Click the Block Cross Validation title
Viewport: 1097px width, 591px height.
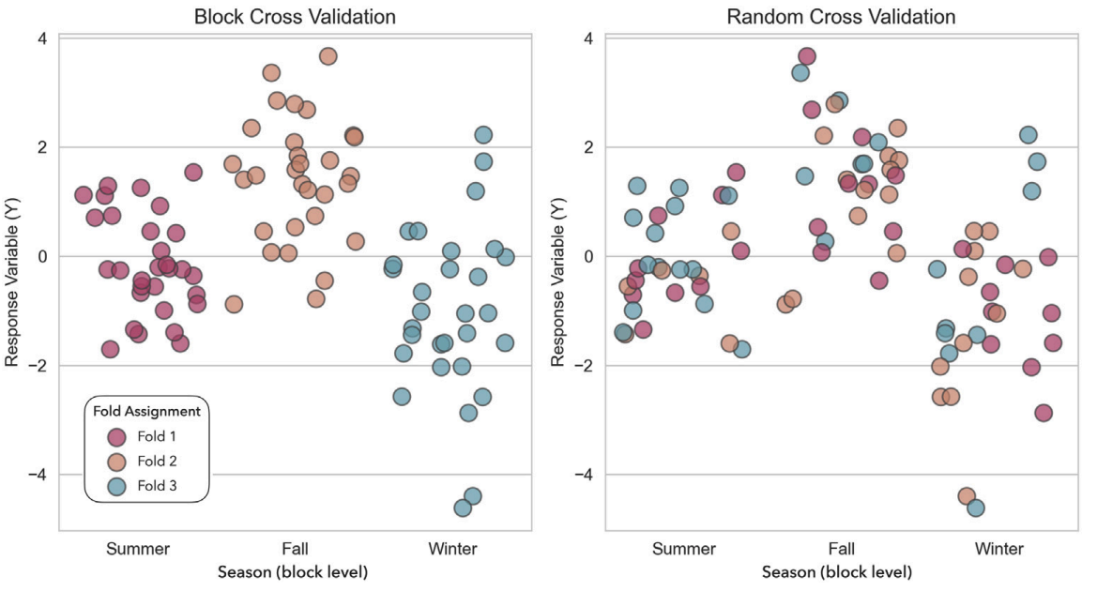pyautogui.click(x=295, y=17)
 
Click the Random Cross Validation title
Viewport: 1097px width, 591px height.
pyautogui.click(x=841, y=17)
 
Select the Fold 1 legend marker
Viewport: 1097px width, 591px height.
pyautogui.click(x=116, y=436)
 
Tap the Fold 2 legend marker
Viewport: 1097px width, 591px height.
pyautogui.click(x=116, y=462)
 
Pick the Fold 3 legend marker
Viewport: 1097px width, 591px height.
pyautogui.click(x=116, y=486)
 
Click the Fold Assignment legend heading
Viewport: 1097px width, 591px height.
pyautogui.click(x=146, y=411)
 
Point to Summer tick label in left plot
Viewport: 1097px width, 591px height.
pyautogui.click(x=138, y=549)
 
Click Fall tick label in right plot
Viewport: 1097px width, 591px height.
pyautogui.click(x=842, y=549)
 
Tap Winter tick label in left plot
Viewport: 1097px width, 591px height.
pyautogui.click(x=452, y=549)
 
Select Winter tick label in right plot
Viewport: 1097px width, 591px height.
pyautogui.click(x=998, y=549)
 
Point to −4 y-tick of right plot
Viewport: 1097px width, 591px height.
pyautogui.click(x=582, y=475)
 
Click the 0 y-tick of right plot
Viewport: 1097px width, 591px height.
pyautogui.click(x=587, y=256)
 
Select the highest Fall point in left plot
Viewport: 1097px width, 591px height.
pyautogui.click(x=328, y=56)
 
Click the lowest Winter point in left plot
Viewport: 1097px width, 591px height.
pyautogui.click(x=463, y=508)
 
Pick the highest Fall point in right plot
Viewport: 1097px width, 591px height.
pyautogui.click(x=807, y=56)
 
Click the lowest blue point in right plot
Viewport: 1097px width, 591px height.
pyautogui.click(x=976, y=508)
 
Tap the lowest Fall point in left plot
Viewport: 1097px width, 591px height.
pyautogui.click(x=235, y=304)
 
